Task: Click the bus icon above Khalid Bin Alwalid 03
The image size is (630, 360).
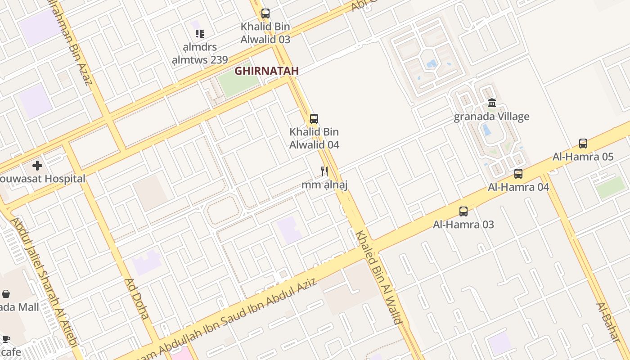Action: pos(265,13)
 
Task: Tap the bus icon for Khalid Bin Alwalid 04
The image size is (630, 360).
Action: pos(314,119)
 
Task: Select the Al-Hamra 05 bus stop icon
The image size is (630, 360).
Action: pos(583,144)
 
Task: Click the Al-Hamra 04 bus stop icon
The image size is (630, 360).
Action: pos(518,173)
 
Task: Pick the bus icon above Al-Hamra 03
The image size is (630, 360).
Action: pos(463,211)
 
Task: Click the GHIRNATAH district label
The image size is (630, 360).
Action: pos(267,71)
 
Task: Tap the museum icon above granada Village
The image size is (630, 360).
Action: pos(492,103)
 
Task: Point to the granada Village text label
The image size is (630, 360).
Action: pos(491,117)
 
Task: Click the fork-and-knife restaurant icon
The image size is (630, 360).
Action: pos(324,171)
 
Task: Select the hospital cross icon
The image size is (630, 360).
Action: pos(37,166)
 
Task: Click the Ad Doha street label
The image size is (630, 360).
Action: pos(136,298)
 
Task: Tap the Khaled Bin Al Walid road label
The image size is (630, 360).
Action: pos(379,277)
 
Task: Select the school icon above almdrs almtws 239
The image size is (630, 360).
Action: pos(200,33)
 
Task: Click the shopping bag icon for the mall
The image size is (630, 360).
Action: pos(6,294)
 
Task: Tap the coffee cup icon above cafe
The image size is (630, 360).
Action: pos(6,339)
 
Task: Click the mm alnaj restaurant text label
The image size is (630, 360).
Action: pos(324,184)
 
